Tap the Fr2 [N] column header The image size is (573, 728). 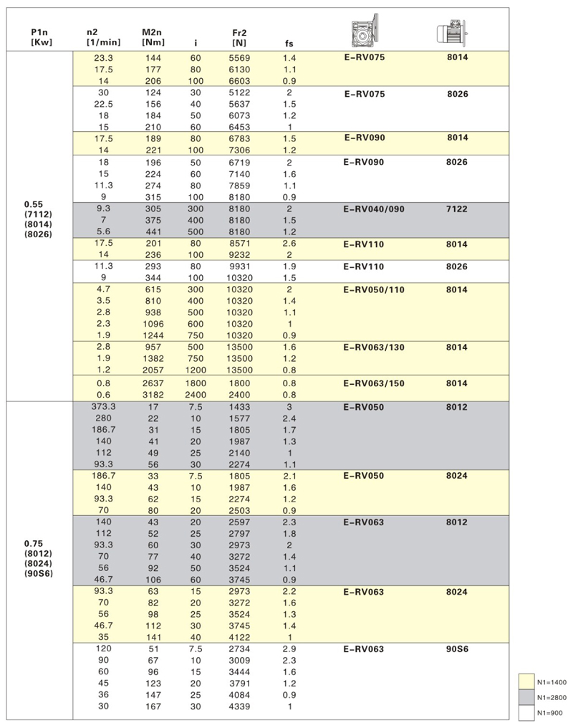pyautogui.click(x=240, y=37)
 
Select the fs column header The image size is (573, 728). pyautogui.click(x=289, y=43)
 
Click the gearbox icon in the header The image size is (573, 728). pyautogui.click(x=362, y=31)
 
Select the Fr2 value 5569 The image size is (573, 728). pyautogui.click(x=240, y=57)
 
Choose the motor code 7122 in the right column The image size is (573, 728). pyautogui.click(x=457, y=209)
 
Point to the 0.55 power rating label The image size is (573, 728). pyautogui.click(x=34, y=203)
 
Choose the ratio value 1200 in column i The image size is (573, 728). pyautogui.click(x=196, y=370)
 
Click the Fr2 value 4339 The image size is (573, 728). pyautogui.click(x=240, y=707)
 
